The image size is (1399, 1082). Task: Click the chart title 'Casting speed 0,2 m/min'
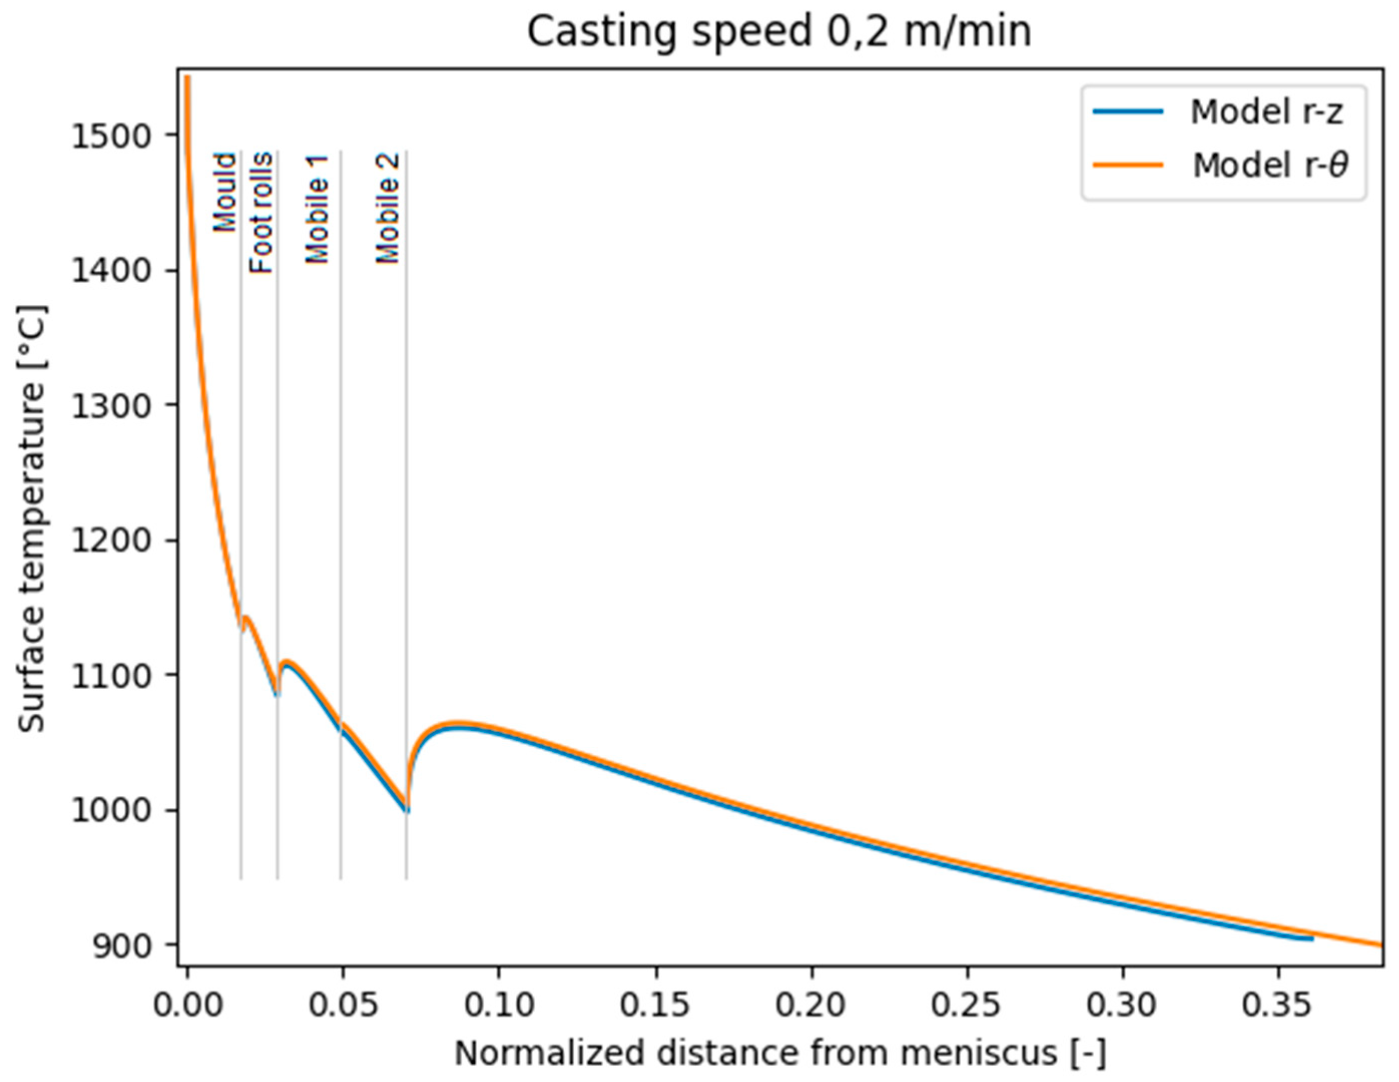[x=779, y=32]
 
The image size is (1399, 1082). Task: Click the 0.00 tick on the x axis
[x=188, y=1005]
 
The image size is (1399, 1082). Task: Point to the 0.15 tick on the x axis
[x=655, y=1005]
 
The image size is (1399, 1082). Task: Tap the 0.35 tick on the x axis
[x=1278, y=1005]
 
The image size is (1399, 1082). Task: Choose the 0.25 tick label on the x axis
[x=966, y=1005]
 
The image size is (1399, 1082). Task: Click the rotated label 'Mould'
[x=225, y=192]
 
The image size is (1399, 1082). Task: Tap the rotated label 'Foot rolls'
[x=261, y=213]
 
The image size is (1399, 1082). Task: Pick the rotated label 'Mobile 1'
[x=317, y=209]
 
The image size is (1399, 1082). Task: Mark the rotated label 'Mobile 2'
[x=388, y=208]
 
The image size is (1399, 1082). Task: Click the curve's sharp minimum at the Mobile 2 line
[x=407, y=811]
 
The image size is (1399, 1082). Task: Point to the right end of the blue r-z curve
[x=1312, y=938]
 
